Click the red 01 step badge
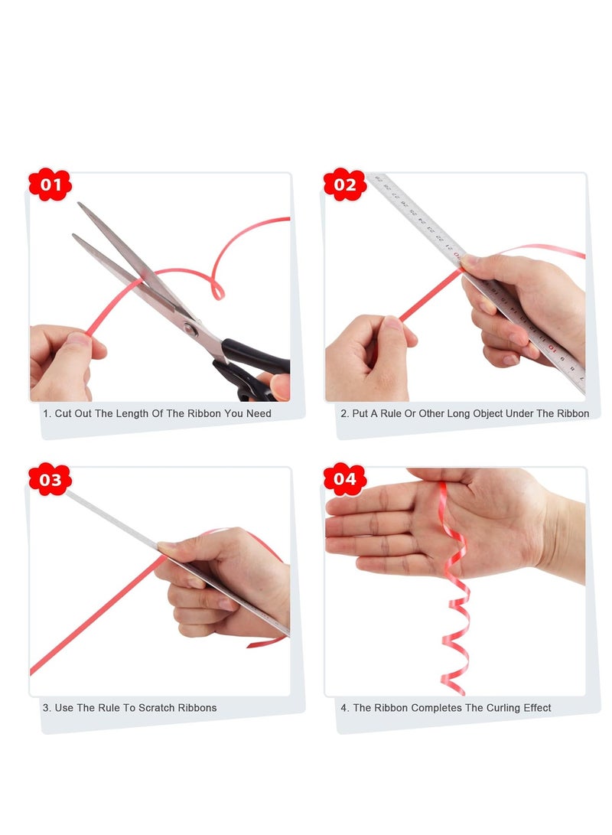(x=50, y=184)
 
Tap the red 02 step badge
(x=345, y=184)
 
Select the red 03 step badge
(x=50, y=479)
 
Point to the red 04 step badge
(x=345, y=479)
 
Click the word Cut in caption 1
(x=63, y=414)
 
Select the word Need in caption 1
(x=259, y=414)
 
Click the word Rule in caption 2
(x=391, y=414)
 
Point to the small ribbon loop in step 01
(x=217, y=291)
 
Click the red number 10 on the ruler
(x=552, y=348)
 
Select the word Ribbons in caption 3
(x=197, y=708)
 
